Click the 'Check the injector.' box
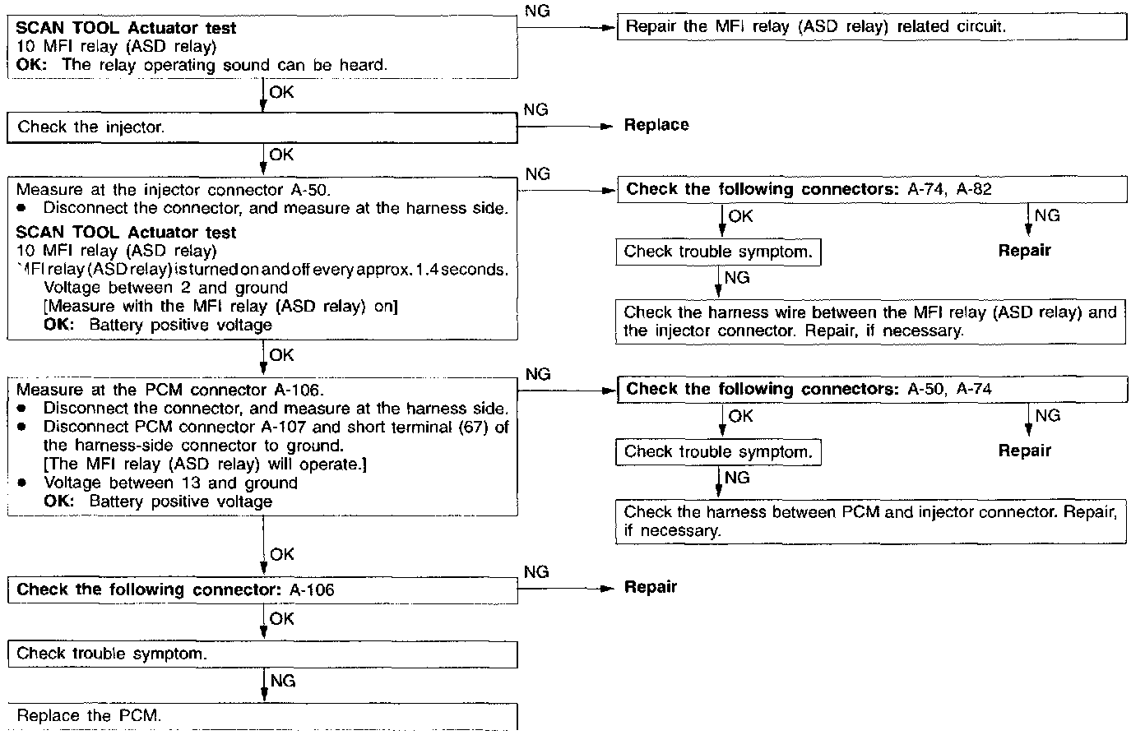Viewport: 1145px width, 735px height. point(262,127)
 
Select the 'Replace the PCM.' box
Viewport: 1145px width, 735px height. point(262,715)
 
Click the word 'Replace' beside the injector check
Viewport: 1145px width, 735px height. point(656,125)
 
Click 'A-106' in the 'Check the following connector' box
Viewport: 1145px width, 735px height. point(312,589)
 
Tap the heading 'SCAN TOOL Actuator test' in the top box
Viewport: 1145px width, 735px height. point(126,28)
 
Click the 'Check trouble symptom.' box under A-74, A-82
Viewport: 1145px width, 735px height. point(718,252)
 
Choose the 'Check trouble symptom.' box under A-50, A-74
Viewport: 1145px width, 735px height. point(718,451)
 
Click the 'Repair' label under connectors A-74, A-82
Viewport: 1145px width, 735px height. point(1024,251)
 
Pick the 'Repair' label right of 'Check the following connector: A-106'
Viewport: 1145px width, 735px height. point(650,587)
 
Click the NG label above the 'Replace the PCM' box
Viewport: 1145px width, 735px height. point(282,681)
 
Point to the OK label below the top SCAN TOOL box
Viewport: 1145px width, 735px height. point(281,93)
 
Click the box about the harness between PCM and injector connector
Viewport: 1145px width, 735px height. point(870,520)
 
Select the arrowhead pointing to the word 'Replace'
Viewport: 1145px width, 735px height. point(609,127)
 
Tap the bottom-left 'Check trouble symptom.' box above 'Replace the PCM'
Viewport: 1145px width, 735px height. point(262,654)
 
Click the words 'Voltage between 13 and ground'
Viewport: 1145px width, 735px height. point(170,483)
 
